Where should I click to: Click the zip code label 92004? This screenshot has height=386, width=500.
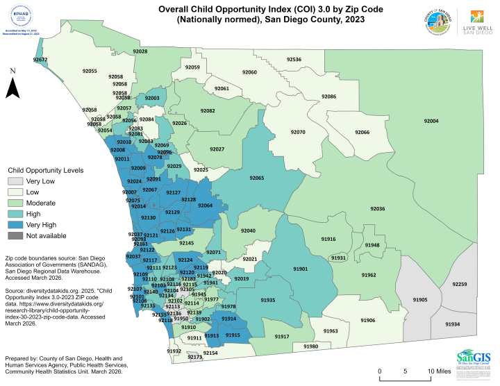tap(431, 121)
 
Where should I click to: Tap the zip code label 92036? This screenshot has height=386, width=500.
tap(378, 208)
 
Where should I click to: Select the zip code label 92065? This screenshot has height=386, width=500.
tap(257, 178)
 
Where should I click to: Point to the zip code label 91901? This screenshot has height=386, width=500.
tap(301, 268)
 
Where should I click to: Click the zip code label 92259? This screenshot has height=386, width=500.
tap(460, 284)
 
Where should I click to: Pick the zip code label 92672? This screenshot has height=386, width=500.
tap(40, 60)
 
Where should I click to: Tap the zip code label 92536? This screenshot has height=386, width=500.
tap(294, 60)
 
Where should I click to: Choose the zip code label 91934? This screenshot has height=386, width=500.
tap(472, 324)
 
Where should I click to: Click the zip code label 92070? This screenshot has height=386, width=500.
tap(298, 132)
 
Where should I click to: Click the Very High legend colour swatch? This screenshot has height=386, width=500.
tap(15, 225)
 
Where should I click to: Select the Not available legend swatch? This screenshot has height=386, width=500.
tap(15, 236)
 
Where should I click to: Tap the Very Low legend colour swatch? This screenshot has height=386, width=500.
tap(15, 181)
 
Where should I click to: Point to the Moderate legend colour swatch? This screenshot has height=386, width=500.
tap(15, 203)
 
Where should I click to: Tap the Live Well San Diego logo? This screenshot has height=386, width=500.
tap(478, 22)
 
